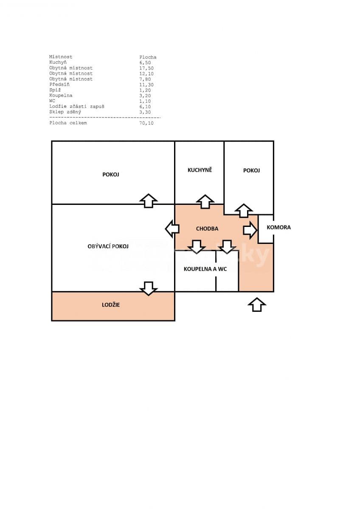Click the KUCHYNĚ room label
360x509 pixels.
(200, 170)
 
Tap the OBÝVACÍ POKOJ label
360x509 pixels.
(108, 246)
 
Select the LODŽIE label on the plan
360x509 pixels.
(110, 305)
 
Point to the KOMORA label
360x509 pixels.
(278, 227)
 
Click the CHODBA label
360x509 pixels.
(207, 229)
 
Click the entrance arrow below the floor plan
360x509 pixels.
(256, 304)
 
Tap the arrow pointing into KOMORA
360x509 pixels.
(250, 230)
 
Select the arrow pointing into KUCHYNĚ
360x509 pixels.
(205, 201)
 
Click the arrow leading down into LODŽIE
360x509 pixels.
(148, 288)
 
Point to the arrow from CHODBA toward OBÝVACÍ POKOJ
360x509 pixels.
(172, 229)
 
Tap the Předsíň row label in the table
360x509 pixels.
(59, 84)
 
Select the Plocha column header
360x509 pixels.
(148, 57)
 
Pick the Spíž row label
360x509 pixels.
(55, 90)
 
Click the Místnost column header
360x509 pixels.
(61, 57)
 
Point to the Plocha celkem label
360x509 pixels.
(68, 123)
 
